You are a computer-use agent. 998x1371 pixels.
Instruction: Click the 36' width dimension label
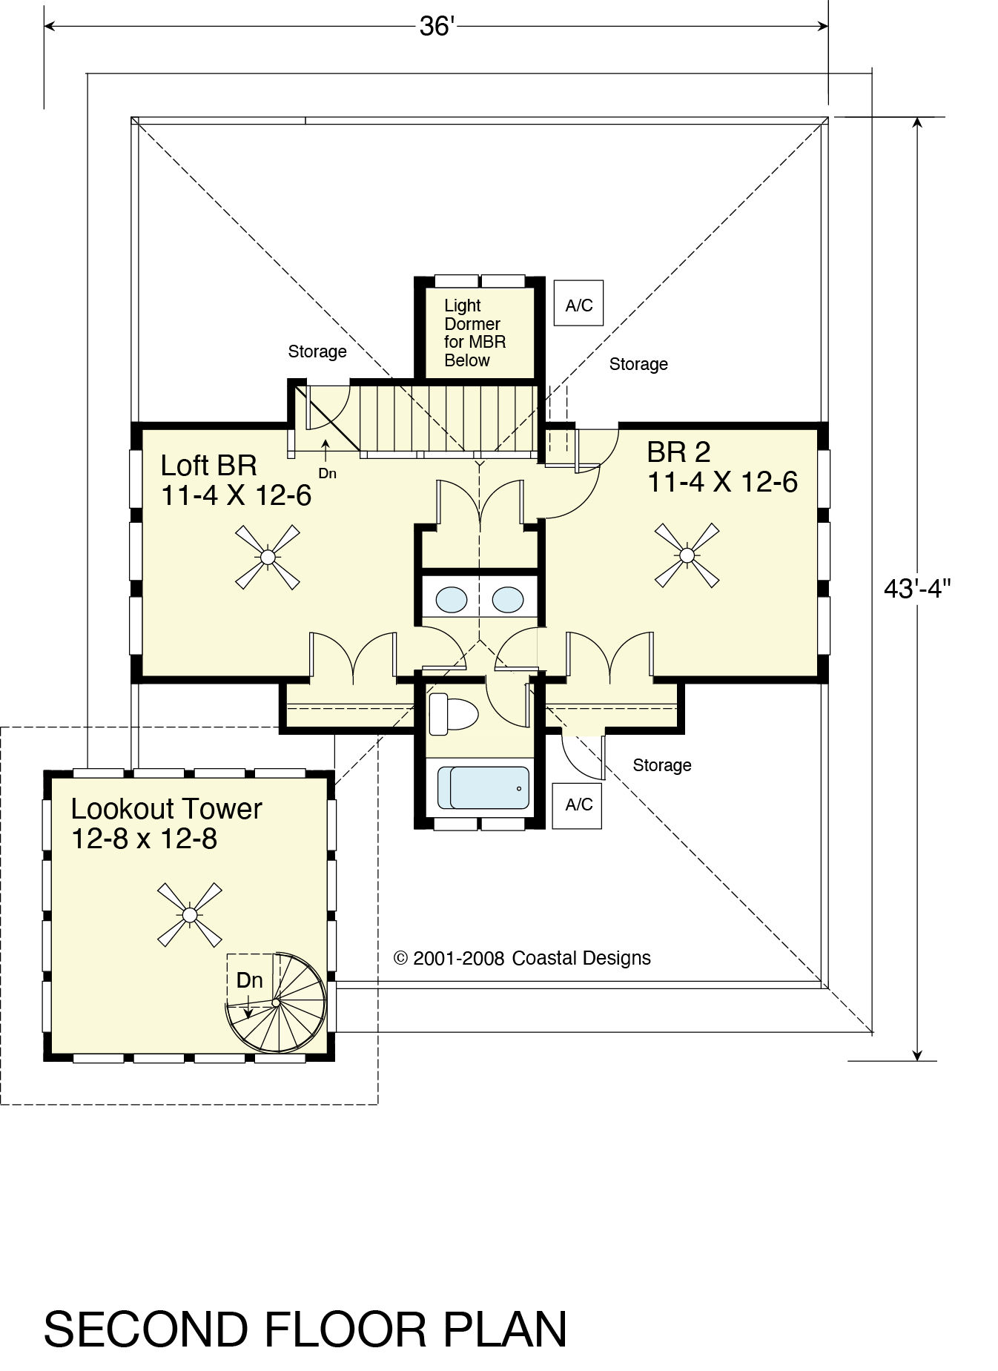click(x=436, y=27)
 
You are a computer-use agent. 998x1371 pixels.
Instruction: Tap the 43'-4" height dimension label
click(x=917, y=588)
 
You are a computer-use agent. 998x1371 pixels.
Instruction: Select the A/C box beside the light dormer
click(x=578, y=303)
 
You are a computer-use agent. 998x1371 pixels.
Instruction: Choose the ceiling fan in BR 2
click(x=687, y=555)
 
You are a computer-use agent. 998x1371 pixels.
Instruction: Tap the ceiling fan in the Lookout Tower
click(x=190, y=914)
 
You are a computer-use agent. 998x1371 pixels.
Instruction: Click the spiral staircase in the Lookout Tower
click(x=276, y=1002)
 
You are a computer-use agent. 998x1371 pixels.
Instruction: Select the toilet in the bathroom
click(x=453, y=713)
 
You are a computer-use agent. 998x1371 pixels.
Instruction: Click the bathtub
click(x=483, y=787)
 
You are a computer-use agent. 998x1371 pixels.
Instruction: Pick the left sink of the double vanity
click(x=452, y=599)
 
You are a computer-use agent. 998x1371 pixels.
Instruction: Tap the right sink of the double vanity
click(x=508, y=599)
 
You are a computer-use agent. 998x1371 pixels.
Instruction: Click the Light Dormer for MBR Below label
click(x=475, y=333)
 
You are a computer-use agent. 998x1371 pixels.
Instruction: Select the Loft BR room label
click(x=236, y=480)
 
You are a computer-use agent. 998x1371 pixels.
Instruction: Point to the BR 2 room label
click(x=722, y=466)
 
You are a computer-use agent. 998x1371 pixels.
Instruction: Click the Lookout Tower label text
click(x=166, y=823)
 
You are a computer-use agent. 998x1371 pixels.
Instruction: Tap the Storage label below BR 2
click(x=661, y=765)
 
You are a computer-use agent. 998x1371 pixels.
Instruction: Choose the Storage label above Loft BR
click(x=317, y=351)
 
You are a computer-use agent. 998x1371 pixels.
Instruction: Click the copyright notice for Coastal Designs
click(x=522, y=958)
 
